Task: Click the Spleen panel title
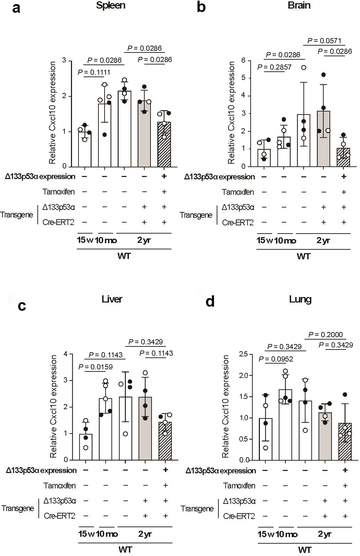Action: [111, 5]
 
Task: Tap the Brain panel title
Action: [299, 5]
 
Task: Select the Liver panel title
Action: [112, 299]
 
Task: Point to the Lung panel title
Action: [300, 299]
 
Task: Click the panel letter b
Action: [201, 7]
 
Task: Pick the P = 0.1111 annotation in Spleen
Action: [94, 72]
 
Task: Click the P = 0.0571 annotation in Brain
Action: [324, 41]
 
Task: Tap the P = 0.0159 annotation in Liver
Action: [96, 367]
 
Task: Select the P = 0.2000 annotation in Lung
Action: [325, 334]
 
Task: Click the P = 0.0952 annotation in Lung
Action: [276, 359]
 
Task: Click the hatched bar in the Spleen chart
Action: [164, 144]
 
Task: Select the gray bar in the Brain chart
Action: [324, 139]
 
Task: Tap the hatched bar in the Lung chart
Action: [345, 441]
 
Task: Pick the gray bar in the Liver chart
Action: [145, 428]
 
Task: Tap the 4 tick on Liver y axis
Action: [65, 354]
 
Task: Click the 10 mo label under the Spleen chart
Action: [106, 240]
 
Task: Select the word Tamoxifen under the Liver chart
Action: [60, 485]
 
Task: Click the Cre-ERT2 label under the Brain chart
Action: [238, 223]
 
